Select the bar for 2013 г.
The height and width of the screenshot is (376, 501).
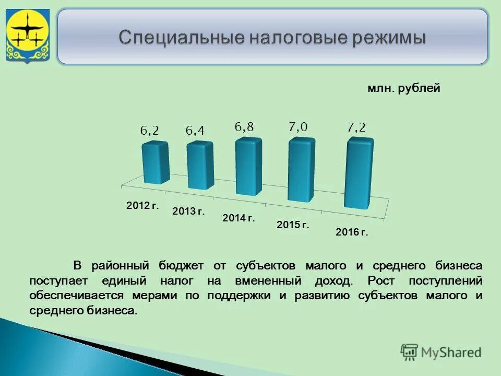200,166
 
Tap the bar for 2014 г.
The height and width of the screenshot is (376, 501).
248,167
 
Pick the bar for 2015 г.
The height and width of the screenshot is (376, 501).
302,169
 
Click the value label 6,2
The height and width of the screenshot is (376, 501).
149,131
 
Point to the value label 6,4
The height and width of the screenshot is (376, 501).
195,131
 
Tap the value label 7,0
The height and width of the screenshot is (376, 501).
298,126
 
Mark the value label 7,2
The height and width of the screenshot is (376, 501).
356,127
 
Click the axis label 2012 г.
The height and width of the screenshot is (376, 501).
142,206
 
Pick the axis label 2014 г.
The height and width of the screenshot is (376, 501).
238,218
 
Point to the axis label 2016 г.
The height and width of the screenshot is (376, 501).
352,232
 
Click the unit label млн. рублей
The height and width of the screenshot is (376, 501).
403,88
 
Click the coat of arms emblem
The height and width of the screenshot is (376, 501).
27,36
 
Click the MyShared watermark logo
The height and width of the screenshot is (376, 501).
441,352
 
